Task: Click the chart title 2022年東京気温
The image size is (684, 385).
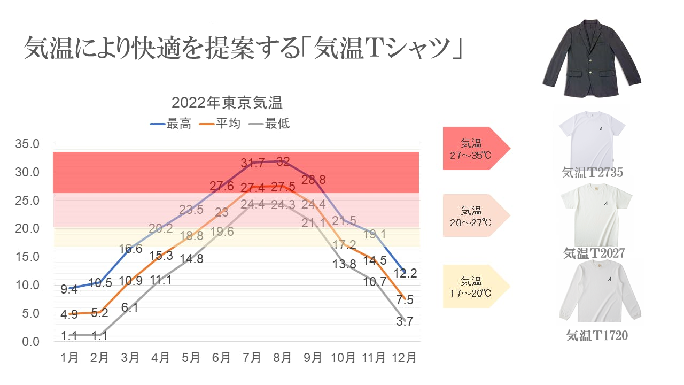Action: coord(227,102)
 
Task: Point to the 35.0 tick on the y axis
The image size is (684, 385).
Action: coord(28,144)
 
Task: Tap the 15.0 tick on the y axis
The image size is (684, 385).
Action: coord(28,257)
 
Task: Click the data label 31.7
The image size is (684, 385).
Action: coord(252,163)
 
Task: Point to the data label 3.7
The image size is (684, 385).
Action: coord(405,321)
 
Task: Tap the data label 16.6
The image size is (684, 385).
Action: coord(131,248)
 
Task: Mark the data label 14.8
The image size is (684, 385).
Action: coord(191,259)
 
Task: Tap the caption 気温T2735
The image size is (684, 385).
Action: coord(593,172)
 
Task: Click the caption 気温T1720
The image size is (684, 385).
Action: coord(597,336)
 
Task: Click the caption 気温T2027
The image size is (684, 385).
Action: coord(594,253)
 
